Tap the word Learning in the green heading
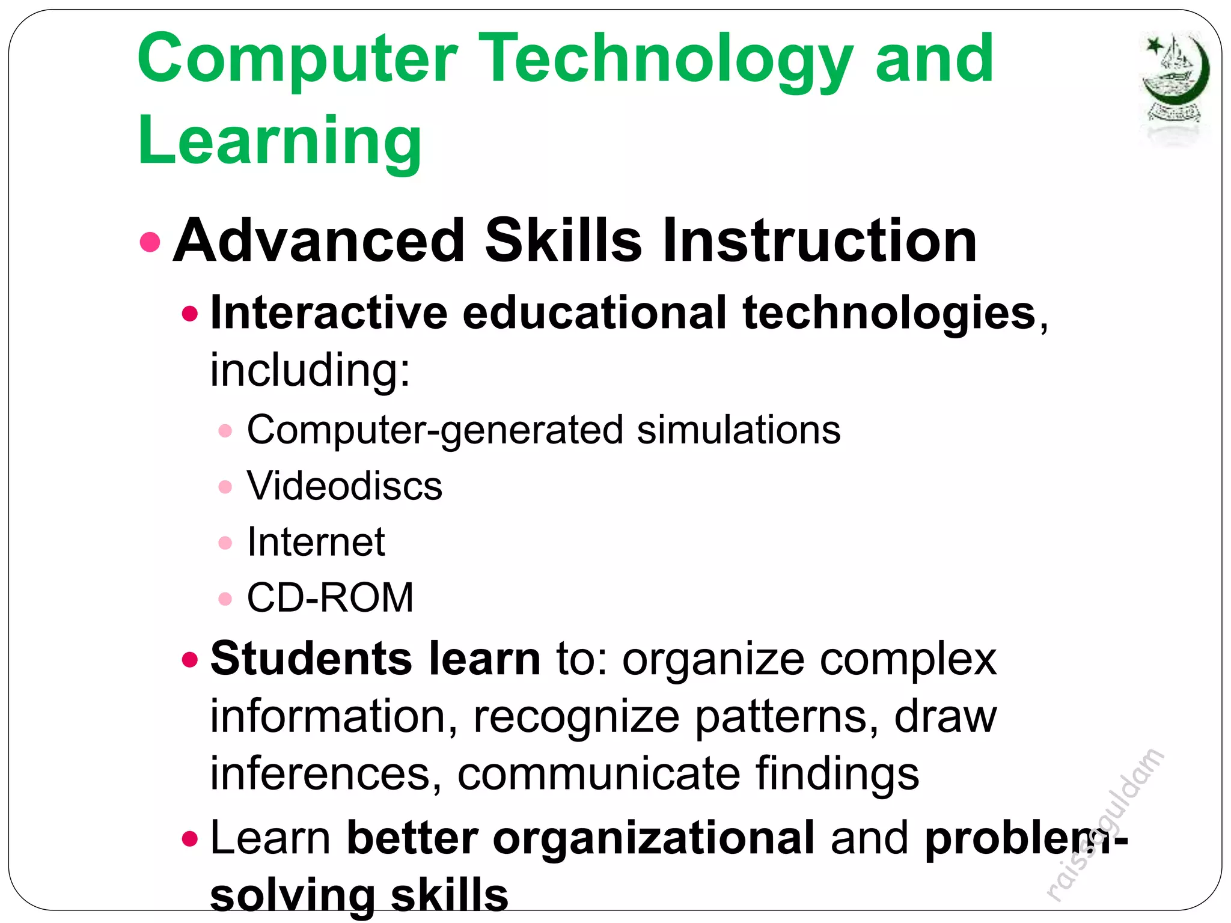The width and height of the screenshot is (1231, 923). click(279, 141)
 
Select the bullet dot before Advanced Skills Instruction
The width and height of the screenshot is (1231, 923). click(150, 242)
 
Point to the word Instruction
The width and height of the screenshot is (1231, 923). click(820, 240)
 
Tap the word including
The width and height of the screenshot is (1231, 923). click(310, 370)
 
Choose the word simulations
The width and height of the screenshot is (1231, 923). click(738, 430)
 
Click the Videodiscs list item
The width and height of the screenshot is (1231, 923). click(344, 486)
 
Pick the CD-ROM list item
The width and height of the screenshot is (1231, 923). click(330, 598)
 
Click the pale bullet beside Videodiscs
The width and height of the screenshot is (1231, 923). click(225, 487)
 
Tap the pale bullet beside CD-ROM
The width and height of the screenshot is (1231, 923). click(225, 599)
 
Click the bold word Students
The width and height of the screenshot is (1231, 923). click(311, 659)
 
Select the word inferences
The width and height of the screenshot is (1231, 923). click(320, 773)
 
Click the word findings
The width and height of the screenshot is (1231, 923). click(837, 773)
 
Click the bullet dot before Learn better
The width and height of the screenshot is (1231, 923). click(190, 838)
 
